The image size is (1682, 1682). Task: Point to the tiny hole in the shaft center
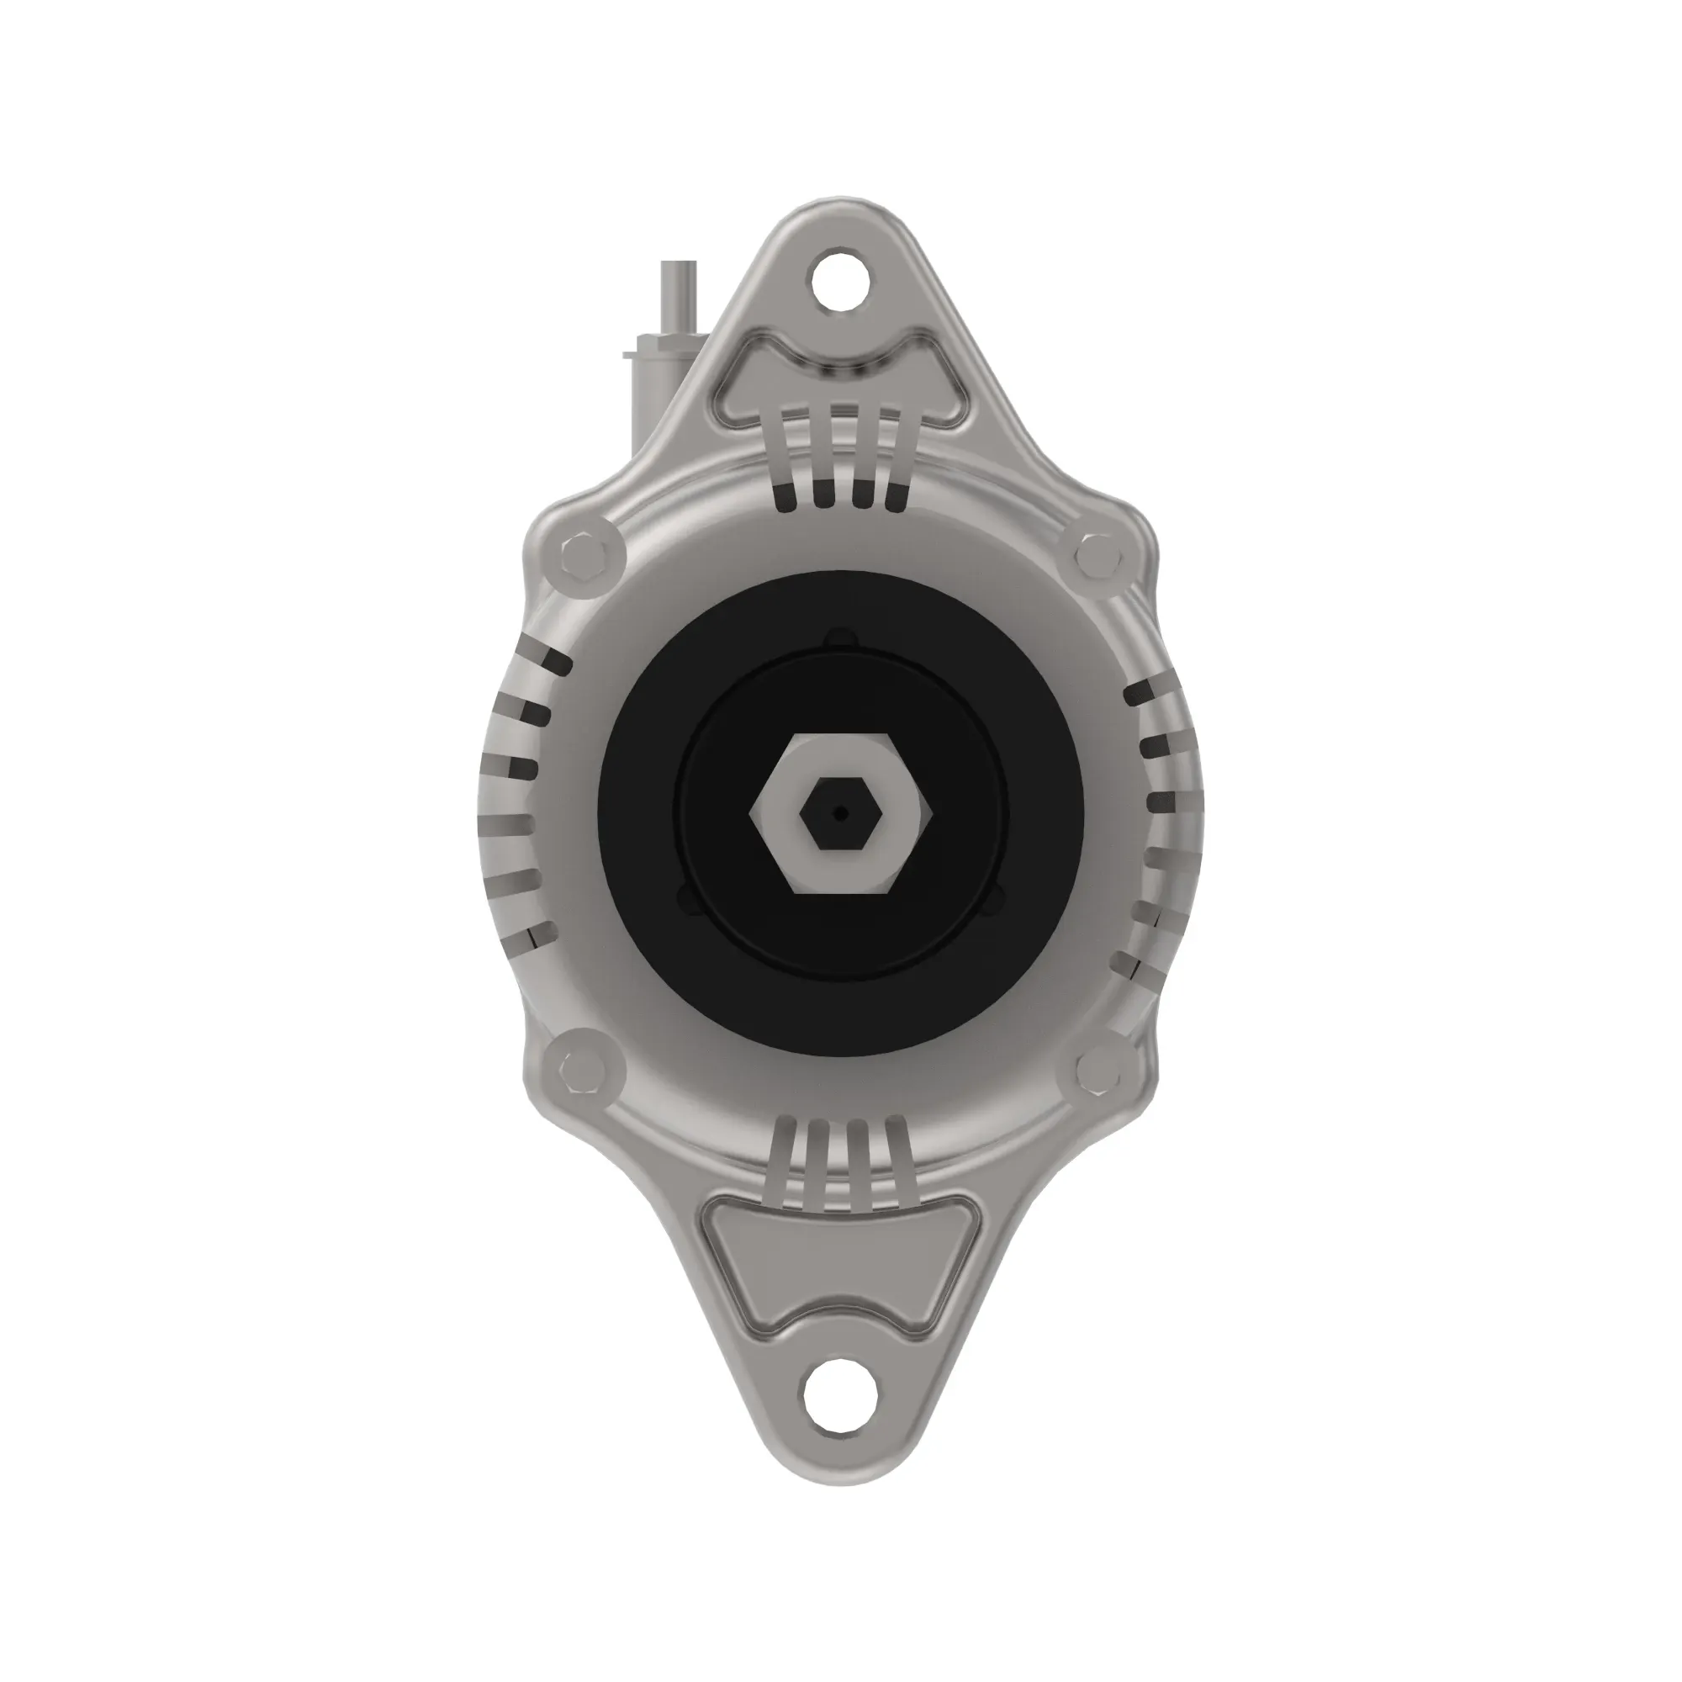(x=839, y=813)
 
